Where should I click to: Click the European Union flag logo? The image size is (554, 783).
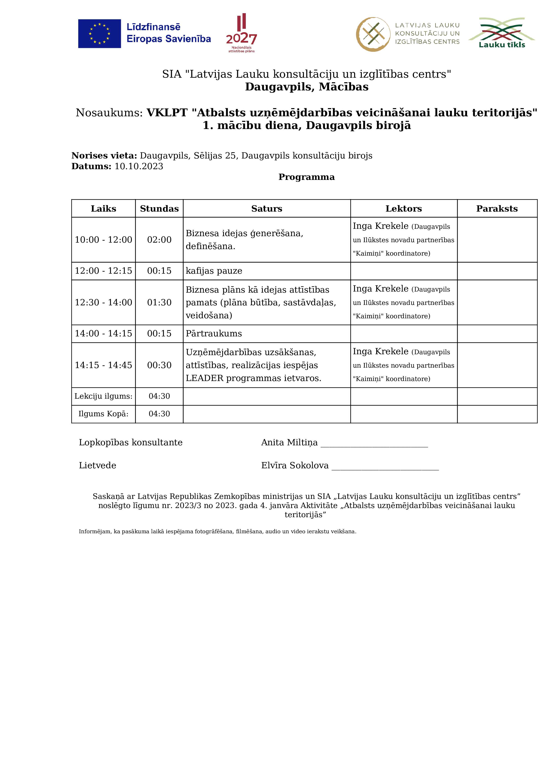coord(99,33)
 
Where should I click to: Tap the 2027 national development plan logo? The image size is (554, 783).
coord(241,33)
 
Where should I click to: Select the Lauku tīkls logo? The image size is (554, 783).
coord(501,33)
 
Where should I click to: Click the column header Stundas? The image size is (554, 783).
coord(159,209)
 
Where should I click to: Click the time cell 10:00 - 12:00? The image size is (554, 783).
coord(103,240)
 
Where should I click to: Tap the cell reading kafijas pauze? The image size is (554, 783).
coord(214,271)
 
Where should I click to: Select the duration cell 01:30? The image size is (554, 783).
coord(159,302)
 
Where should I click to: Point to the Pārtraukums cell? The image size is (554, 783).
coord(214,333)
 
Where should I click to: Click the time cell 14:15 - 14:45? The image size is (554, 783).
coord(103,365)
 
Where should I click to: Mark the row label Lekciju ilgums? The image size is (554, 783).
coord(103,396)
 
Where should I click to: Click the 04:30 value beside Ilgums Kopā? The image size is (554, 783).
coord(159,414)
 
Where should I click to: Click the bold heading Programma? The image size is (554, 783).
coord(307,177)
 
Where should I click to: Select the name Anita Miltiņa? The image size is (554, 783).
coord(289,443)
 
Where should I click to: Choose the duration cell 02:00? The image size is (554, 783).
coord(159,240)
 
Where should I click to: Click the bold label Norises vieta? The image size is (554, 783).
coord(104,156)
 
